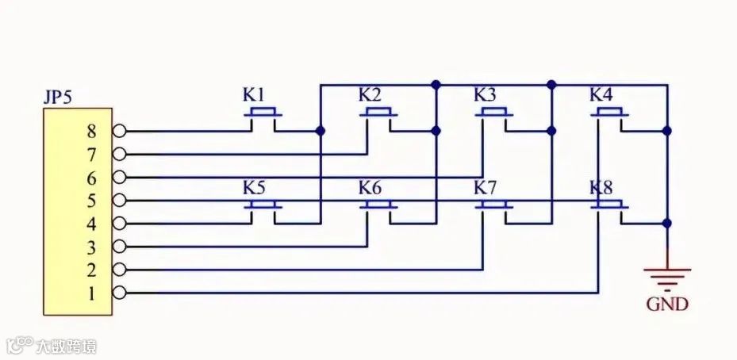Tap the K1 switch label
(x=254, y=94)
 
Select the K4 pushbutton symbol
(x=609, y=115)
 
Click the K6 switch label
(x=370, y=188)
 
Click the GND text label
(x=666, y=304)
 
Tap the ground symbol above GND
(x=667, y=276)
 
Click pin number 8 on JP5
(x=91, y=131)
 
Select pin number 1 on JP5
(x=91, y=293)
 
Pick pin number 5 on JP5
(x=91, y=200)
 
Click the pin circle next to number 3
(x=119, y=247)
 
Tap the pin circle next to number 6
(x=119, y=177)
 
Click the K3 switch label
(x=485, y=94)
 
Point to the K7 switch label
(x=485, y=188)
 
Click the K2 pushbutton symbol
(x=378, y=115)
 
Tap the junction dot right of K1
(x=320, y=131)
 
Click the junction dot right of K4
(x=667, y=131)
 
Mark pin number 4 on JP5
(x=91, y=224)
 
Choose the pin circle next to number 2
(x=119, y=270)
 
